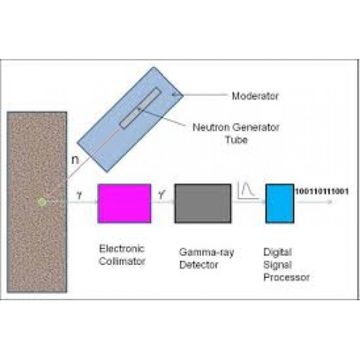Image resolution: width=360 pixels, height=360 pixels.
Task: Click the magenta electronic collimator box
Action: [125, 203]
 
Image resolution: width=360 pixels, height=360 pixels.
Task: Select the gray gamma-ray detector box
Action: [203, 203]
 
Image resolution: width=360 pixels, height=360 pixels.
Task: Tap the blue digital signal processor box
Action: [280, 203]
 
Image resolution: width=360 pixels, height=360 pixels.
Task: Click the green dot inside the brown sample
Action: [42, 202]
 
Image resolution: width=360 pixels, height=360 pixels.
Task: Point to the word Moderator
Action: [256, 96]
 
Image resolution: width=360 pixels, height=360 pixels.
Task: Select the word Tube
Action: [236, 140]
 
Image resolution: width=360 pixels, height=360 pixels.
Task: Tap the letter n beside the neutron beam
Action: [75, 160]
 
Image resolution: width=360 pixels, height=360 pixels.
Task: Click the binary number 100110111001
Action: [322, 192]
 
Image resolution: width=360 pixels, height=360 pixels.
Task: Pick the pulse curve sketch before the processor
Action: [248, 190]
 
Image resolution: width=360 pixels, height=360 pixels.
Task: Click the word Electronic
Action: [122, 248]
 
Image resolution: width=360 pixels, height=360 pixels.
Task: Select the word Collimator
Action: [122, 261]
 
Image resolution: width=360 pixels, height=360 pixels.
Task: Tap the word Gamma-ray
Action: [207, 253]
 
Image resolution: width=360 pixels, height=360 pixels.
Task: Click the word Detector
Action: [199, 265]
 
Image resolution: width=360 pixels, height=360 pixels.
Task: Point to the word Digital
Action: [278, 253]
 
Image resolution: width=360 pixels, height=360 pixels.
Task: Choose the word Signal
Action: [278, 265]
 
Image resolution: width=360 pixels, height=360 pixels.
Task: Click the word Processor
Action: [287, 277]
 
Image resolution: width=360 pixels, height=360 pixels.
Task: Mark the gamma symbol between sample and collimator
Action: [79, 195]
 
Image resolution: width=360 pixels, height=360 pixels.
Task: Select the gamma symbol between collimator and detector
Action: [162, 194]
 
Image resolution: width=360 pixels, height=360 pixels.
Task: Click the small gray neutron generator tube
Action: [140, 107]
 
